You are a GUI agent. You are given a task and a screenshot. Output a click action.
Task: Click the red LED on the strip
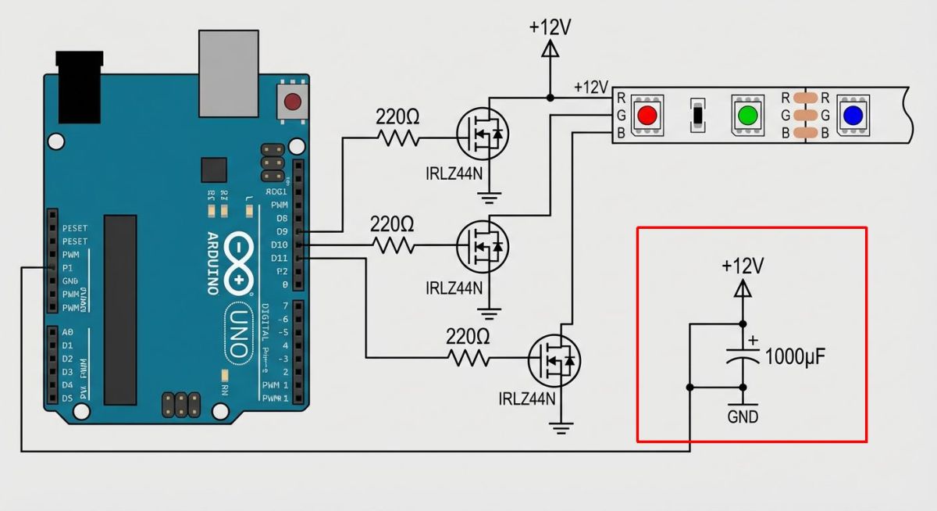tap(647, 116)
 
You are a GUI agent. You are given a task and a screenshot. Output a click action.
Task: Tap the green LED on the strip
tap(748, 116)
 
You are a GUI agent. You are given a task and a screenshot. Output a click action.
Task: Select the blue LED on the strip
tap(853, 116)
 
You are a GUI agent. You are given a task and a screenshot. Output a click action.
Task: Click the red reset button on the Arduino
tap(293, 102)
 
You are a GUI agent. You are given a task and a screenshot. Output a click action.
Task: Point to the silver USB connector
tap(228, 72)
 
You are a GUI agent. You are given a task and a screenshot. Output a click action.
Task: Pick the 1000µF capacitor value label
tap(795, 357)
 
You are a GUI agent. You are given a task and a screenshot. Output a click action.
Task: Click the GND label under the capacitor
tap(743, 416)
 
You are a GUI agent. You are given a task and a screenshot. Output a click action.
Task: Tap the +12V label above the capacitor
tap(743, 266)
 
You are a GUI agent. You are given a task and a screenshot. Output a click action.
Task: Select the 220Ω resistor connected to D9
tap(398, 138)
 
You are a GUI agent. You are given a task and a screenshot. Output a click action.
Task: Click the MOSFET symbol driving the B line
tap(554, 359)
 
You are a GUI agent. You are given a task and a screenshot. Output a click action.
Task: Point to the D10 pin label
tap(280, 245)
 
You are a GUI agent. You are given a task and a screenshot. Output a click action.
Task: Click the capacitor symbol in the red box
tap(743, 356)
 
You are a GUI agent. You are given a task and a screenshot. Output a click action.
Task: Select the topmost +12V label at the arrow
tap(550, 27)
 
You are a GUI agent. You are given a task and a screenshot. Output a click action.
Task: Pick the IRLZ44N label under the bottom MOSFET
tap(527, 399)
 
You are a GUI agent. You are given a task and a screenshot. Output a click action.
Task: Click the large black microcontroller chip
tap(120, 309)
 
